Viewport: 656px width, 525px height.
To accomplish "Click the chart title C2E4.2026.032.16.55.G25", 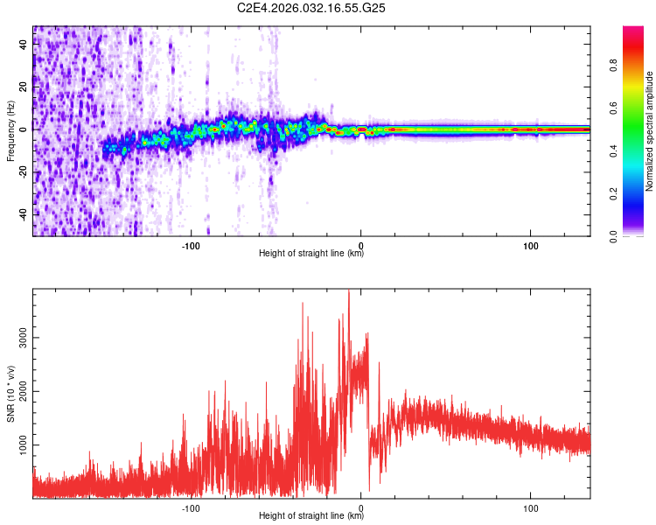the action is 311,8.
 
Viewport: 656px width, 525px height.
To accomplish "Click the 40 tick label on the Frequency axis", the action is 23,45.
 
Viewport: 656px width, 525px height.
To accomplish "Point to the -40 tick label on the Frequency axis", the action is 23,214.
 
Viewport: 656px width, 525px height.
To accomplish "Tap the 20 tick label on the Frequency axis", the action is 23,87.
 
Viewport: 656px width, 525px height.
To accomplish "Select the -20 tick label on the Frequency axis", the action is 23,172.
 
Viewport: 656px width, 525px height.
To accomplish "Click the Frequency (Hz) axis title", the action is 10,131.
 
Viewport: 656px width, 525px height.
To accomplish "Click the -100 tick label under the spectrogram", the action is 191,246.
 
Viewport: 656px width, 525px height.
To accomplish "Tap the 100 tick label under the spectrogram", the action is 531,246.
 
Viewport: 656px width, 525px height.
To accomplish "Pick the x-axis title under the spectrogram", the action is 311,253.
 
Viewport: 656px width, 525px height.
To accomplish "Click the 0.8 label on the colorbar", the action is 614,66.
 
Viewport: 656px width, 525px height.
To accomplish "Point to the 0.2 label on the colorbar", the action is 614,194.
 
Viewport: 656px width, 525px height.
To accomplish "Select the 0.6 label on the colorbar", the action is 614,108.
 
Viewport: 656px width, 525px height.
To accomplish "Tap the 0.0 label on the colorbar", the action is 614,236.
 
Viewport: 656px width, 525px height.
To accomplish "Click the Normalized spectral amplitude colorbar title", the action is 649,131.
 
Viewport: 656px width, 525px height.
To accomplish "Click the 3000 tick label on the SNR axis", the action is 23,338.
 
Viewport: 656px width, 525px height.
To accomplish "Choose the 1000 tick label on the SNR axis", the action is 23,444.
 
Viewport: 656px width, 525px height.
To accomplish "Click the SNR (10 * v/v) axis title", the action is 10,394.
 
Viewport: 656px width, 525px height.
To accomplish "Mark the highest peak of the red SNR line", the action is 349,290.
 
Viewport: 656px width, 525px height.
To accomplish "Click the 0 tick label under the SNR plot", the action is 360,508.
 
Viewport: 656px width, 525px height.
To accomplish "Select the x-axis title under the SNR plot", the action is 311,515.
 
